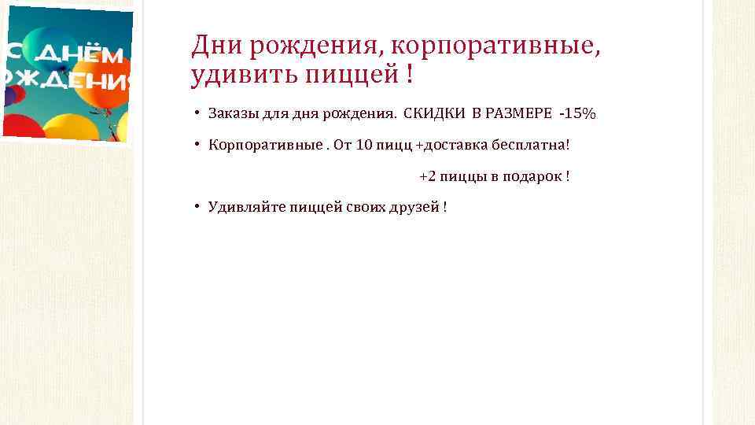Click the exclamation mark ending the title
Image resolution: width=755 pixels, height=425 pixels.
coord(409,76)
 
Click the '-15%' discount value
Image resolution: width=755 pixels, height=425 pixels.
coord(577,114)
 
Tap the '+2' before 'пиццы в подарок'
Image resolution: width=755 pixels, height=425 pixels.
coord(427,176)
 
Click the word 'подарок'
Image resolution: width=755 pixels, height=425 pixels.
coord(536,177)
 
